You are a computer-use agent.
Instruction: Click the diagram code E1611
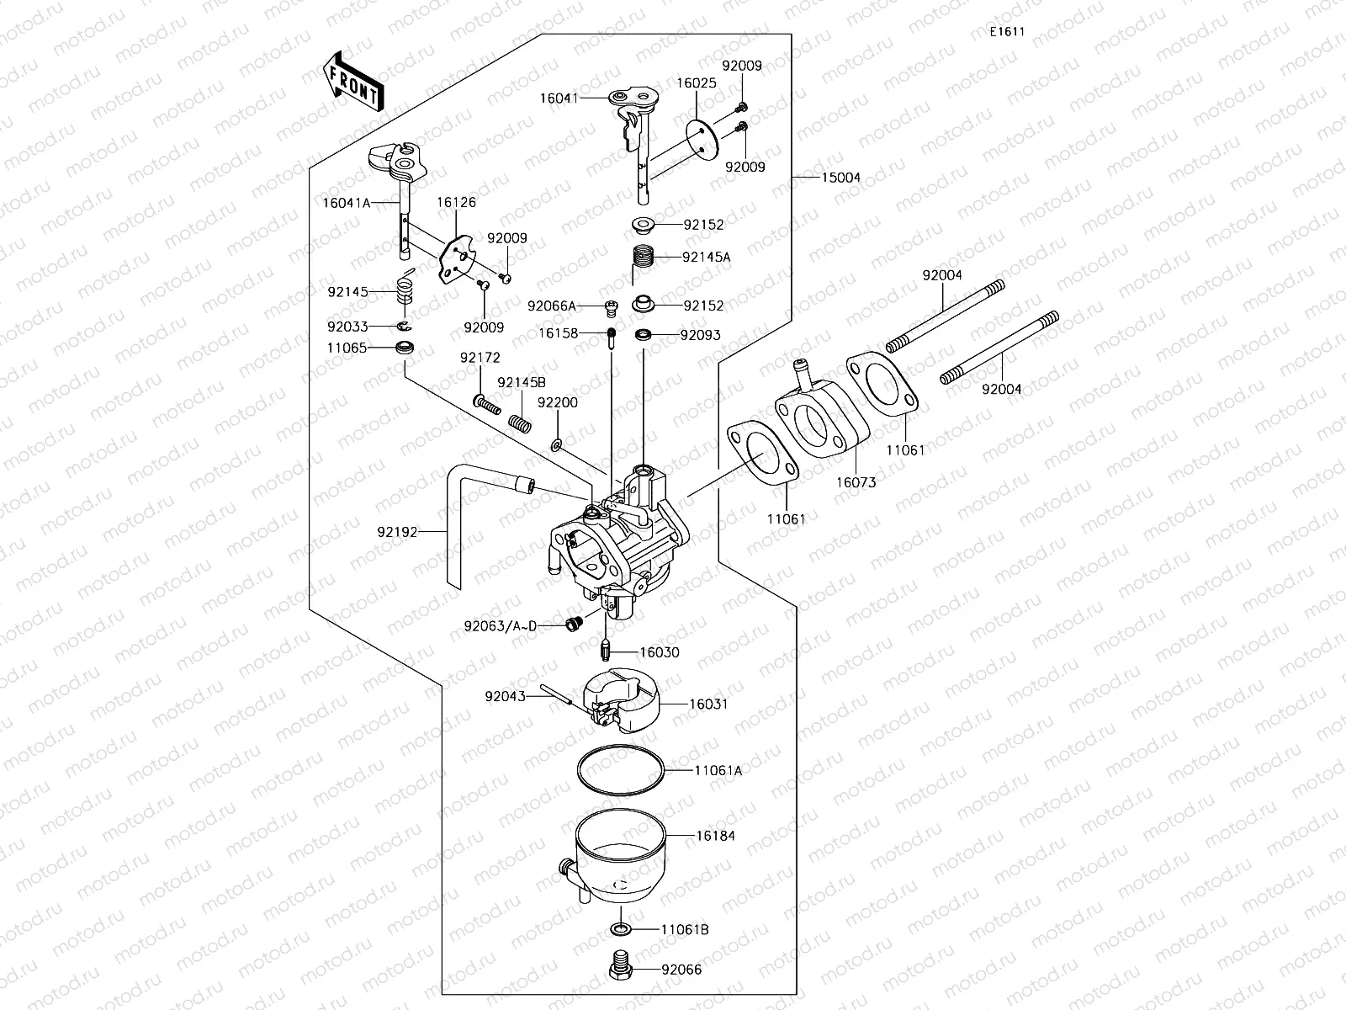[x=1006, y=32]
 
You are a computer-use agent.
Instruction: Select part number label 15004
[x=840, y=178]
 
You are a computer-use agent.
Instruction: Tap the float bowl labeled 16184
[x=619, y=859]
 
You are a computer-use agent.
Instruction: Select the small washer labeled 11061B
[x=620, y=929]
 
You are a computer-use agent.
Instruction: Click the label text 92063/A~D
[x=500, y=625]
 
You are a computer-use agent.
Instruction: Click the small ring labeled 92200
[x=558, y=443]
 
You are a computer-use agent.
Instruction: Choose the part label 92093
[x=700, y=334]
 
